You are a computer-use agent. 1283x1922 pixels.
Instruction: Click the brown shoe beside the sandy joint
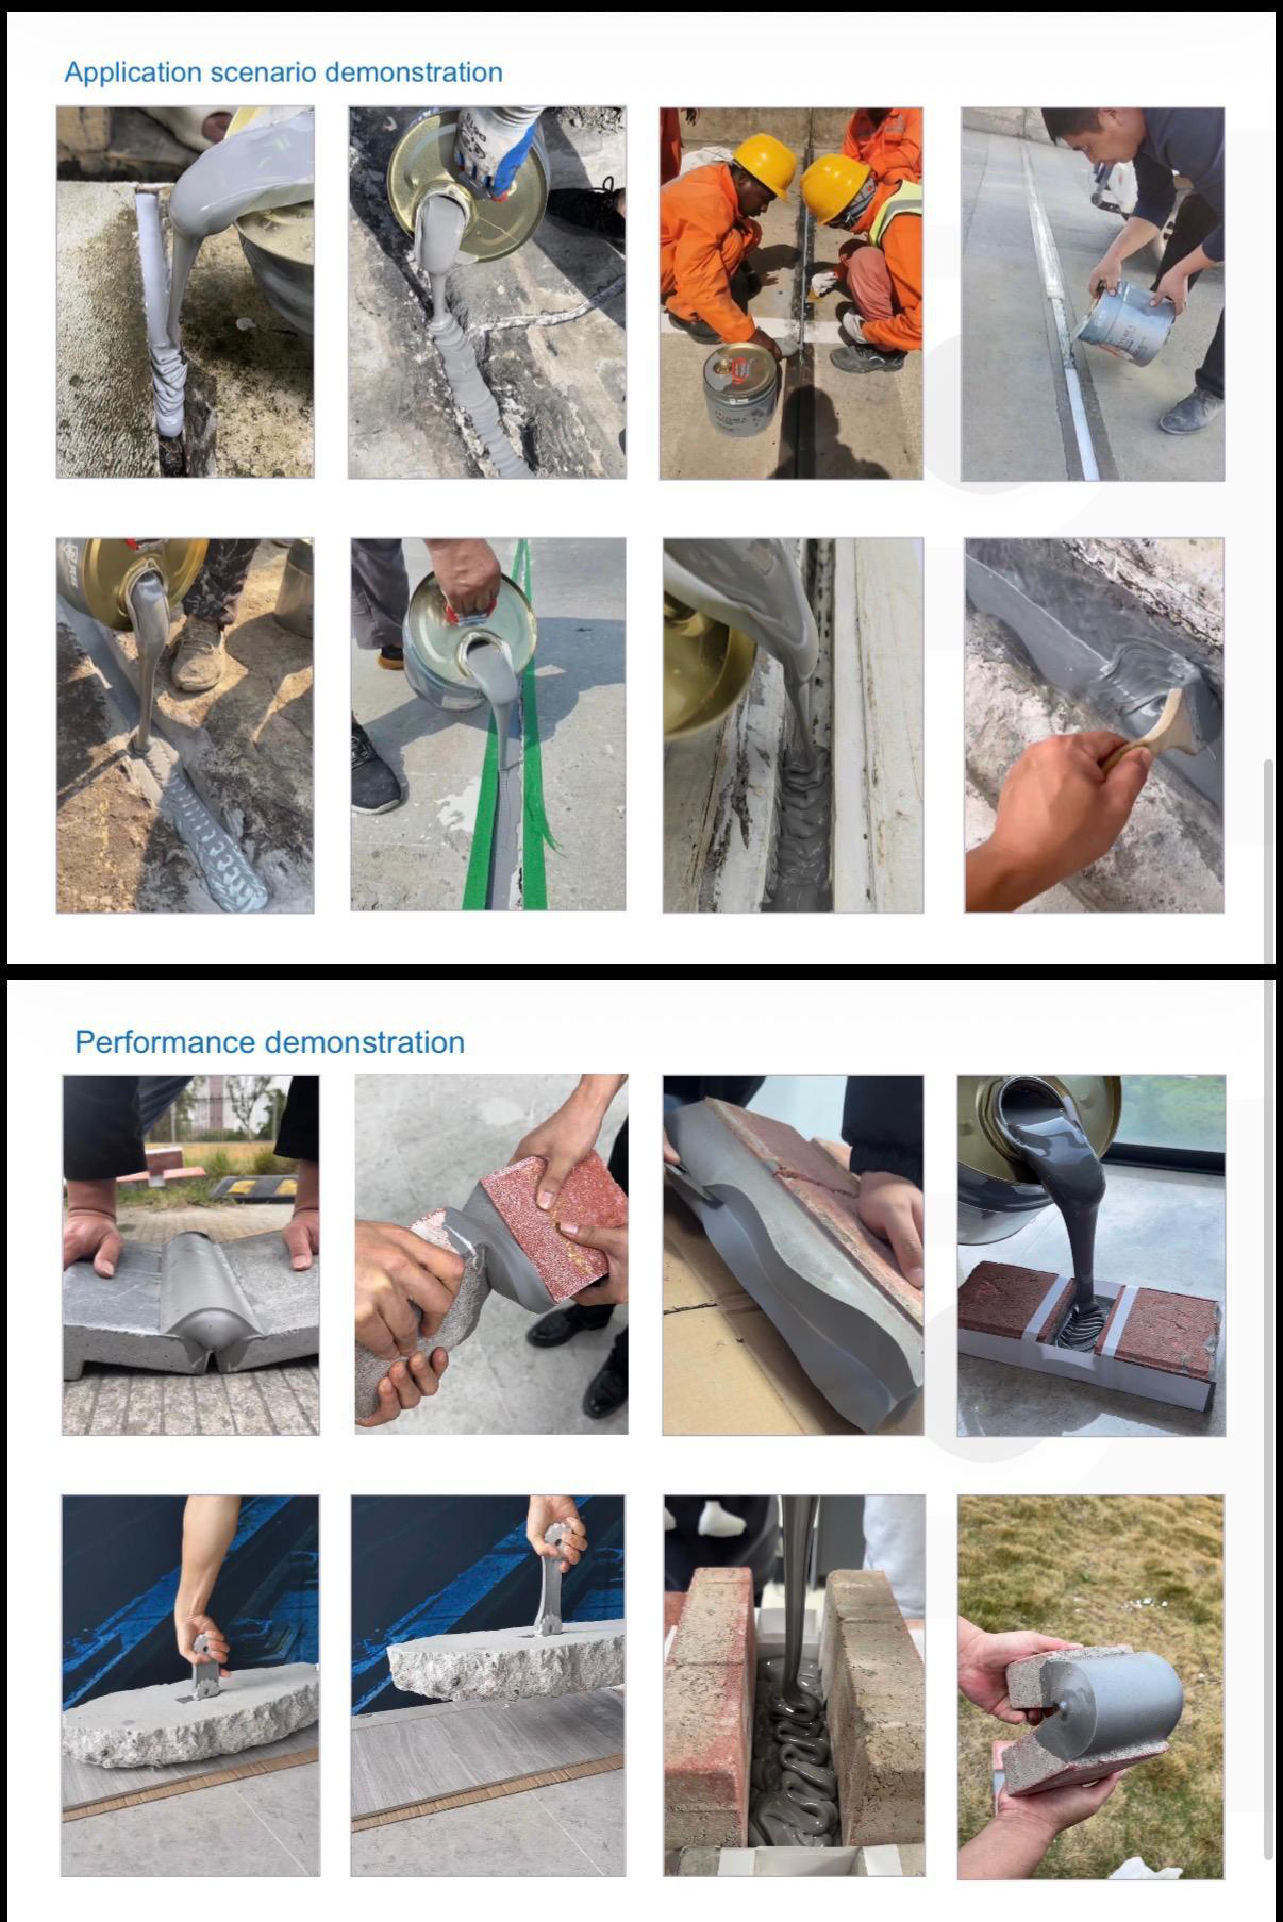click(x=196, y=654)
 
